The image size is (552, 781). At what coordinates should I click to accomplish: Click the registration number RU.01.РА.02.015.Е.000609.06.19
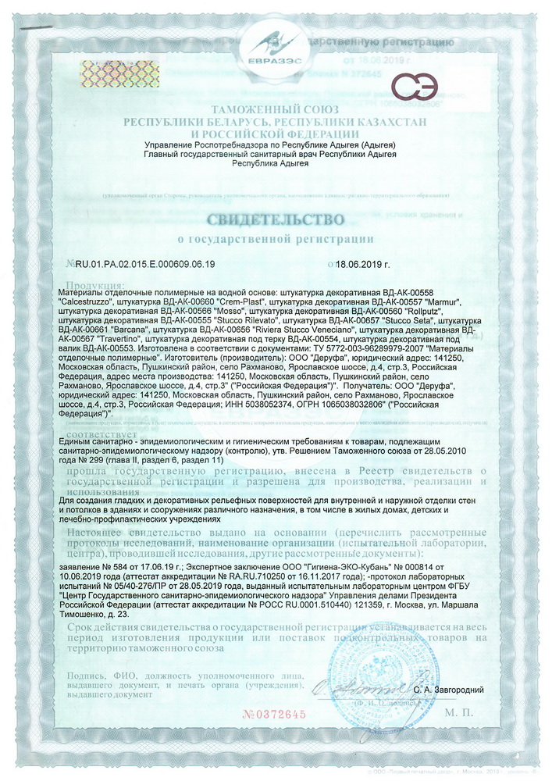click(144, 265)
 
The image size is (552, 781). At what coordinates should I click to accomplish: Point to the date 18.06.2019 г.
click(362, 265)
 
